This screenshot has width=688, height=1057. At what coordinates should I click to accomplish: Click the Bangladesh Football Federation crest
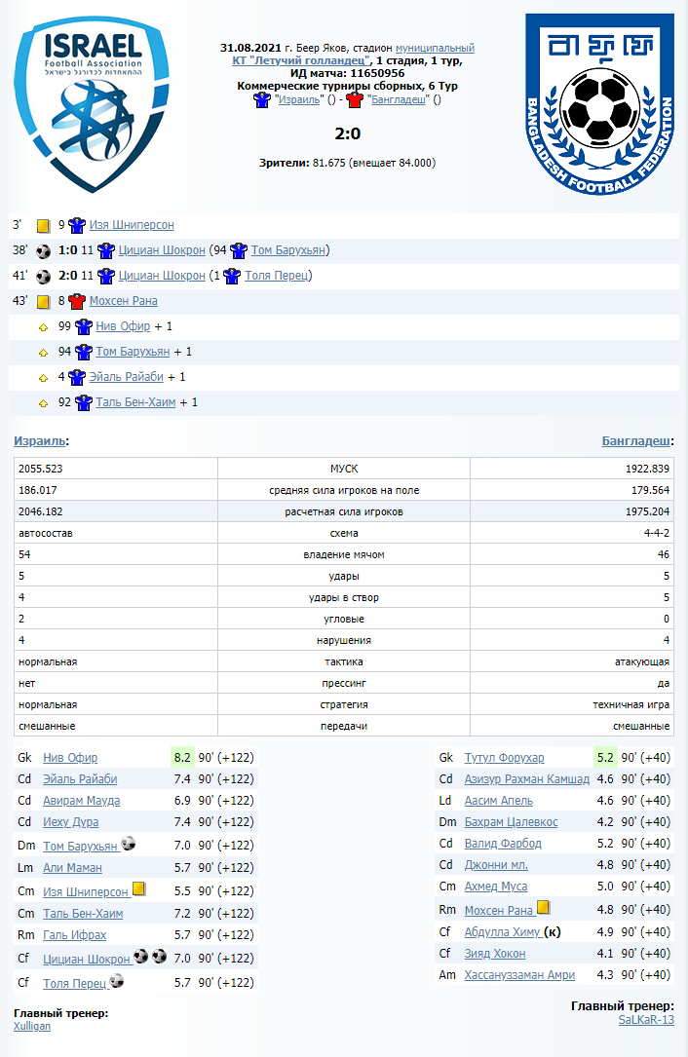coord(599,103)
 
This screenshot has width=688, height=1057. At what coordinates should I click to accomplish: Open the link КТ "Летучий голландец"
coord(302,60)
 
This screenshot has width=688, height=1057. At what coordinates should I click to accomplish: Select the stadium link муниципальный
coord(435,48)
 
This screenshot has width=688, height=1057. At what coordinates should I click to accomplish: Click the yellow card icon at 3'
coord(43,225)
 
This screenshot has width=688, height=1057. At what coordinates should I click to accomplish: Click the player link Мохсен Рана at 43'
coord(123,301)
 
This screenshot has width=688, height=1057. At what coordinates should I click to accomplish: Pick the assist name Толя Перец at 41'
coord(278,276)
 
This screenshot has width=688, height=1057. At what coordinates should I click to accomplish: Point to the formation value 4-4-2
coord(656,533)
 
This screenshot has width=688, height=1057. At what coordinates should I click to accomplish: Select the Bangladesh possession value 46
coord(663,554)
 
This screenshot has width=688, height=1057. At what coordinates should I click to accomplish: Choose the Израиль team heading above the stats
coord(40,441)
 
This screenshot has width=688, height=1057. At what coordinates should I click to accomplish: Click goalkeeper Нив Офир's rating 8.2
coord(181,757)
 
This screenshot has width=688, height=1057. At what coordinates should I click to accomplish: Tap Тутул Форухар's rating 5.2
coord(603,757)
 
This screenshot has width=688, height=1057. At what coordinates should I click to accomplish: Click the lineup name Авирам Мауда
coord(81,801)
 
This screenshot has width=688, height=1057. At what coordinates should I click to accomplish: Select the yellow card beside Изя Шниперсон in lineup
coord(138,889)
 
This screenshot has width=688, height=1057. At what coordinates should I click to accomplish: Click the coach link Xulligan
coord(32,1026)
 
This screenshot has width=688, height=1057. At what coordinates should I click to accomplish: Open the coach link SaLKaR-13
coord(645,1019)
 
